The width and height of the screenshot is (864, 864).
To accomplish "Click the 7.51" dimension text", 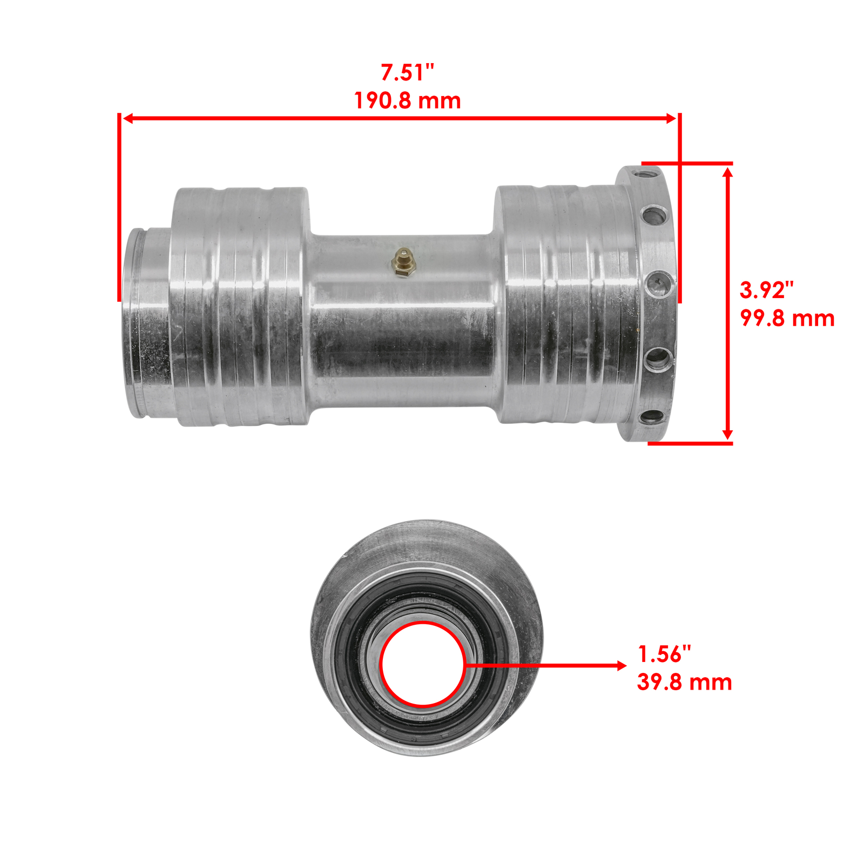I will [x=407, y=72].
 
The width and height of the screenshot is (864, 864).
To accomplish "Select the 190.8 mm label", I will [x=407, y=101].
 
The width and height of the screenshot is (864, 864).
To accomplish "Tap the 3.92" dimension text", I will [x=766, y=290].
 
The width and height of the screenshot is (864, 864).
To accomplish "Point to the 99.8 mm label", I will [x=787, y=318].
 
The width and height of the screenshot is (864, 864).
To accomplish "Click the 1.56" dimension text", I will [x=664, y=654].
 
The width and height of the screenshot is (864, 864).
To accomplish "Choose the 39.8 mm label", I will [x=684, y=682].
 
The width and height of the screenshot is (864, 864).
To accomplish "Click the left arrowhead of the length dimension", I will [x=128, y=118].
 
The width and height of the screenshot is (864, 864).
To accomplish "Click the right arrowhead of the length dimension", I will [x=671, y=118].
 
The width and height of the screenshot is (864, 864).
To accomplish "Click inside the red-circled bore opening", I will [x=422, y=664].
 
